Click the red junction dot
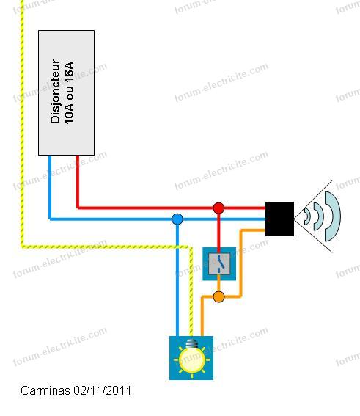[x=218, y=208]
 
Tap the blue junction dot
[x=177, y=219]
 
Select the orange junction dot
[x=218, y=296]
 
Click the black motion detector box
[x=279, y=219]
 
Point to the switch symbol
[x=219, y=263]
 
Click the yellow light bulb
[x=191, y=359]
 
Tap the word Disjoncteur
[x=55, y=92]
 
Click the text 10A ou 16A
[x=69, y=93]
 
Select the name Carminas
[x=45, y=391]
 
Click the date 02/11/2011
[x=103, y=391]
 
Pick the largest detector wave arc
[x=334, y=216]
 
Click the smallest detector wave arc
[x=307, y=216]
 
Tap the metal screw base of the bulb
[x=191, y=343]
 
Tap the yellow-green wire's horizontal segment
[x=106, y=247]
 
